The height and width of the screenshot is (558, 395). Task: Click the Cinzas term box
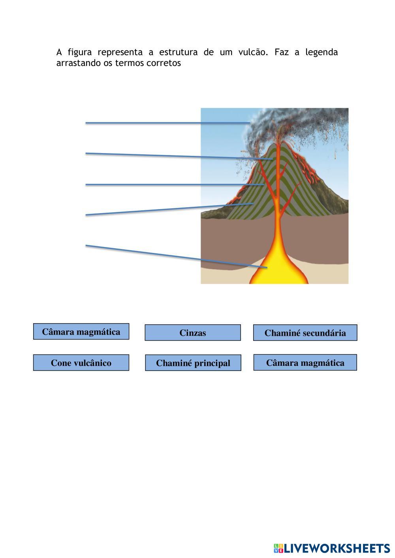click(193, 333)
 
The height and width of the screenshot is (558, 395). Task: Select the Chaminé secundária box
click(305, 333)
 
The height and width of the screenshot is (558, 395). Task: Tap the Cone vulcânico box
click(81, 363)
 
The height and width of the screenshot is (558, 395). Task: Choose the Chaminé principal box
click(193, 363)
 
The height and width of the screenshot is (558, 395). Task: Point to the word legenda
click(322, 52)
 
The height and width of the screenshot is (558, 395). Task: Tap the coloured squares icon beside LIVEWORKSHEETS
click(278, 548)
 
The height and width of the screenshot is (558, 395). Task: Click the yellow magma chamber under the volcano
click(279, 268)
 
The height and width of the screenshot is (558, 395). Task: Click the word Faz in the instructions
click(281, 52)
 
